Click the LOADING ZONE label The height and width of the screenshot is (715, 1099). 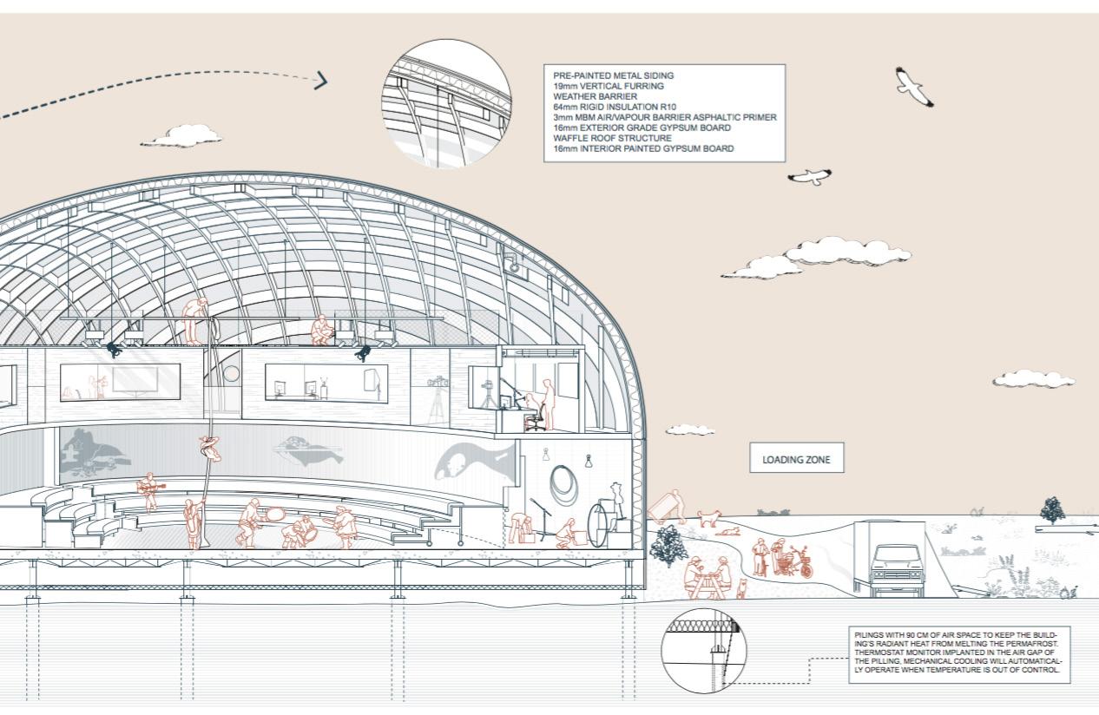coord(796,460)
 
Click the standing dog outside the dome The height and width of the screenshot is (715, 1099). coord(708,519)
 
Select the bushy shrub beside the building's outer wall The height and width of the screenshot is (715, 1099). coord(668,546)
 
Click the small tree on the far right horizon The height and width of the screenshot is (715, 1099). coord(1052,509)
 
